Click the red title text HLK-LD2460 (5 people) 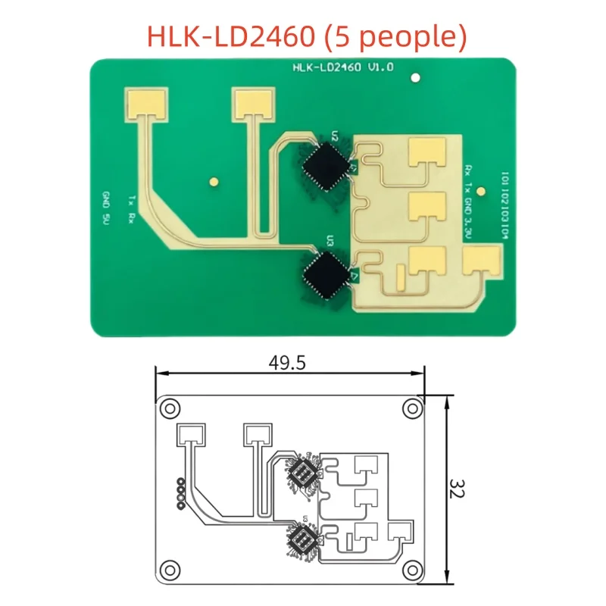coord(303,36)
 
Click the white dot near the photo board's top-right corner coord(414,77)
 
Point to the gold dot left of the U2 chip coord(214,181)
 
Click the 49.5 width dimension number coord(286,364)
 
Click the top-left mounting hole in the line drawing coord(172,408)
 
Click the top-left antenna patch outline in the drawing coord(190,435)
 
